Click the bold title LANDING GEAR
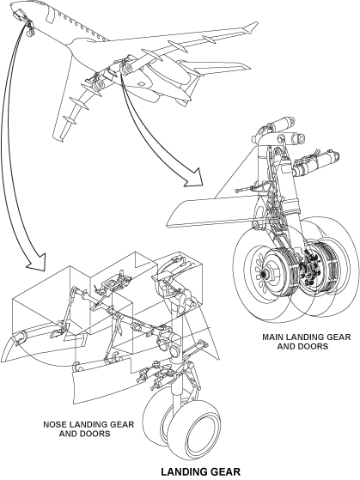[201, 471]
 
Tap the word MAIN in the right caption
[272, 337]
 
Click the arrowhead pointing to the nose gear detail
[36, 263]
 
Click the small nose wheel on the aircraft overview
[30, 33]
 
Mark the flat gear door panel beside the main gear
[211, 213]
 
